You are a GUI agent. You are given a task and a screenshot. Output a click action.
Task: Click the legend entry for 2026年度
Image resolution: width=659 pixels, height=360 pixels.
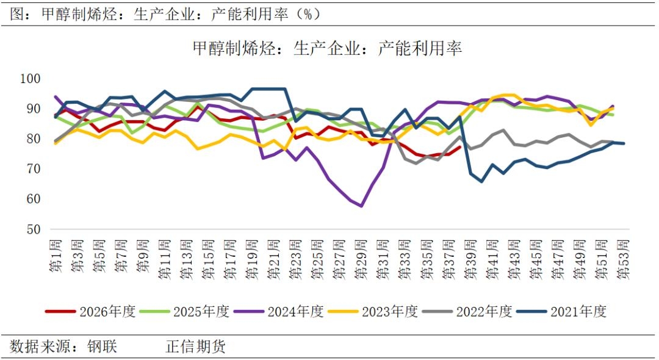[x=90, y=312]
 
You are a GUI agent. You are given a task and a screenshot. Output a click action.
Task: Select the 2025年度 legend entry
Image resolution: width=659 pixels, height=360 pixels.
[x=184, y=312]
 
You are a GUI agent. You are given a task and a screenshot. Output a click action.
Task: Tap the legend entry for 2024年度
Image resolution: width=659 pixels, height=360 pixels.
[x=279, y=312]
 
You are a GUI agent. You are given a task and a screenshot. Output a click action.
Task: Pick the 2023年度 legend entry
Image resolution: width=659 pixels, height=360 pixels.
[x=373, y=312]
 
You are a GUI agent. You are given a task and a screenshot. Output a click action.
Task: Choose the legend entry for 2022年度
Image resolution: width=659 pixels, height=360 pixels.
[x=467, y=312]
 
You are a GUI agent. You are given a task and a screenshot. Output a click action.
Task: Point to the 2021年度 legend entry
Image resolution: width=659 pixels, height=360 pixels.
[x=561, y=312]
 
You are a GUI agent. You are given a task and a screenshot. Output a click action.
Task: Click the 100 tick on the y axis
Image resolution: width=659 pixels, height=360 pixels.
[x=31, y=79]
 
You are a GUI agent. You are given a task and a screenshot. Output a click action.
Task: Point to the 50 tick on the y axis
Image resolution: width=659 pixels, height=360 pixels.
[x=34, y=229]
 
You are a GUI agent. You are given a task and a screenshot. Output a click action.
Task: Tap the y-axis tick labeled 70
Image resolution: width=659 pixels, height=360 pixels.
[x=34, y=169]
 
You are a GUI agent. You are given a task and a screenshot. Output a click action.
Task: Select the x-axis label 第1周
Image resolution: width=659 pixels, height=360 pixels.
[x=56, y=256]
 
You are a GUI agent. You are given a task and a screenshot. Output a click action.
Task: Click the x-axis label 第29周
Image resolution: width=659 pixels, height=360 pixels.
[x=361, y=259]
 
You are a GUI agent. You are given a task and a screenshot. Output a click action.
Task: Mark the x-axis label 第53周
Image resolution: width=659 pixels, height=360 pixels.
[x=623, y=259]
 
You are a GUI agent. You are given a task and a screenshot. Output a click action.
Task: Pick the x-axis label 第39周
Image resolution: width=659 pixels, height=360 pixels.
[x=470, y=259]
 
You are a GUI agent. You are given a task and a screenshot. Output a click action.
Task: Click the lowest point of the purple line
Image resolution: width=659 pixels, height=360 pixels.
[x=361, y=206]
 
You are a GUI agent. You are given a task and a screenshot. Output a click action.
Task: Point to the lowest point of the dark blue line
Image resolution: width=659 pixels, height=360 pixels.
[x=481, y=181]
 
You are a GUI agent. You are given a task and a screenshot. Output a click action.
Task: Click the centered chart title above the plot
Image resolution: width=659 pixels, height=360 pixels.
[x=328, y=48]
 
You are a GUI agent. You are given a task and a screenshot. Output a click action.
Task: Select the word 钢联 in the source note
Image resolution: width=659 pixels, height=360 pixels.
[x=102, y=347]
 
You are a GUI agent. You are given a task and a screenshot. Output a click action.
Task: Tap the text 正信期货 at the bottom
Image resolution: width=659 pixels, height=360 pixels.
[x=196, y=347]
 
